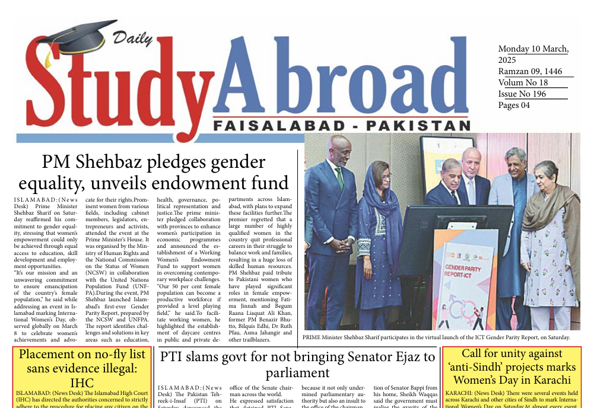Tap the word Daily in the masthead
(x=129, y=39)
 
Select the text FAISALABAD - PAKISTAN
(x=341, y=126)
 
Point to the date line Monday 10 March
(x=533, y=49)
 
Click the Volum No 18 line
(x=523, y=82)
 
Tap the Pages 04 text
(x=514, y=105)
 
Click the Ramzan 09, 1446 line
(x=531, y=71)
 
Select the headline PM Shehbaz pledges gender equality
(x=154, y=172)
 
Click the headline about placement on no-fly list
(x=82, y=368)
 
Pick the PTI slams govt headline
(x=297, y=364)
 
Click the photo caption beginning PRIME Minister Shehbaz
(x=436, y=337)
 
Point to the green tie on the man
(x=339, y=177)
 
